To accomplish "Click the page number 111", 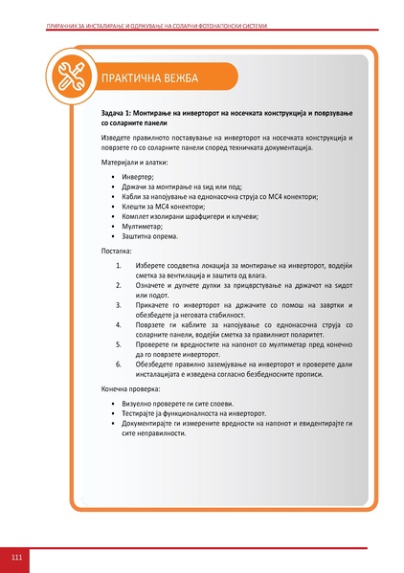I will click(17, 557).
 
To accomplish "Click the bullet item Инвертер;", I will click(137, 178).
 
